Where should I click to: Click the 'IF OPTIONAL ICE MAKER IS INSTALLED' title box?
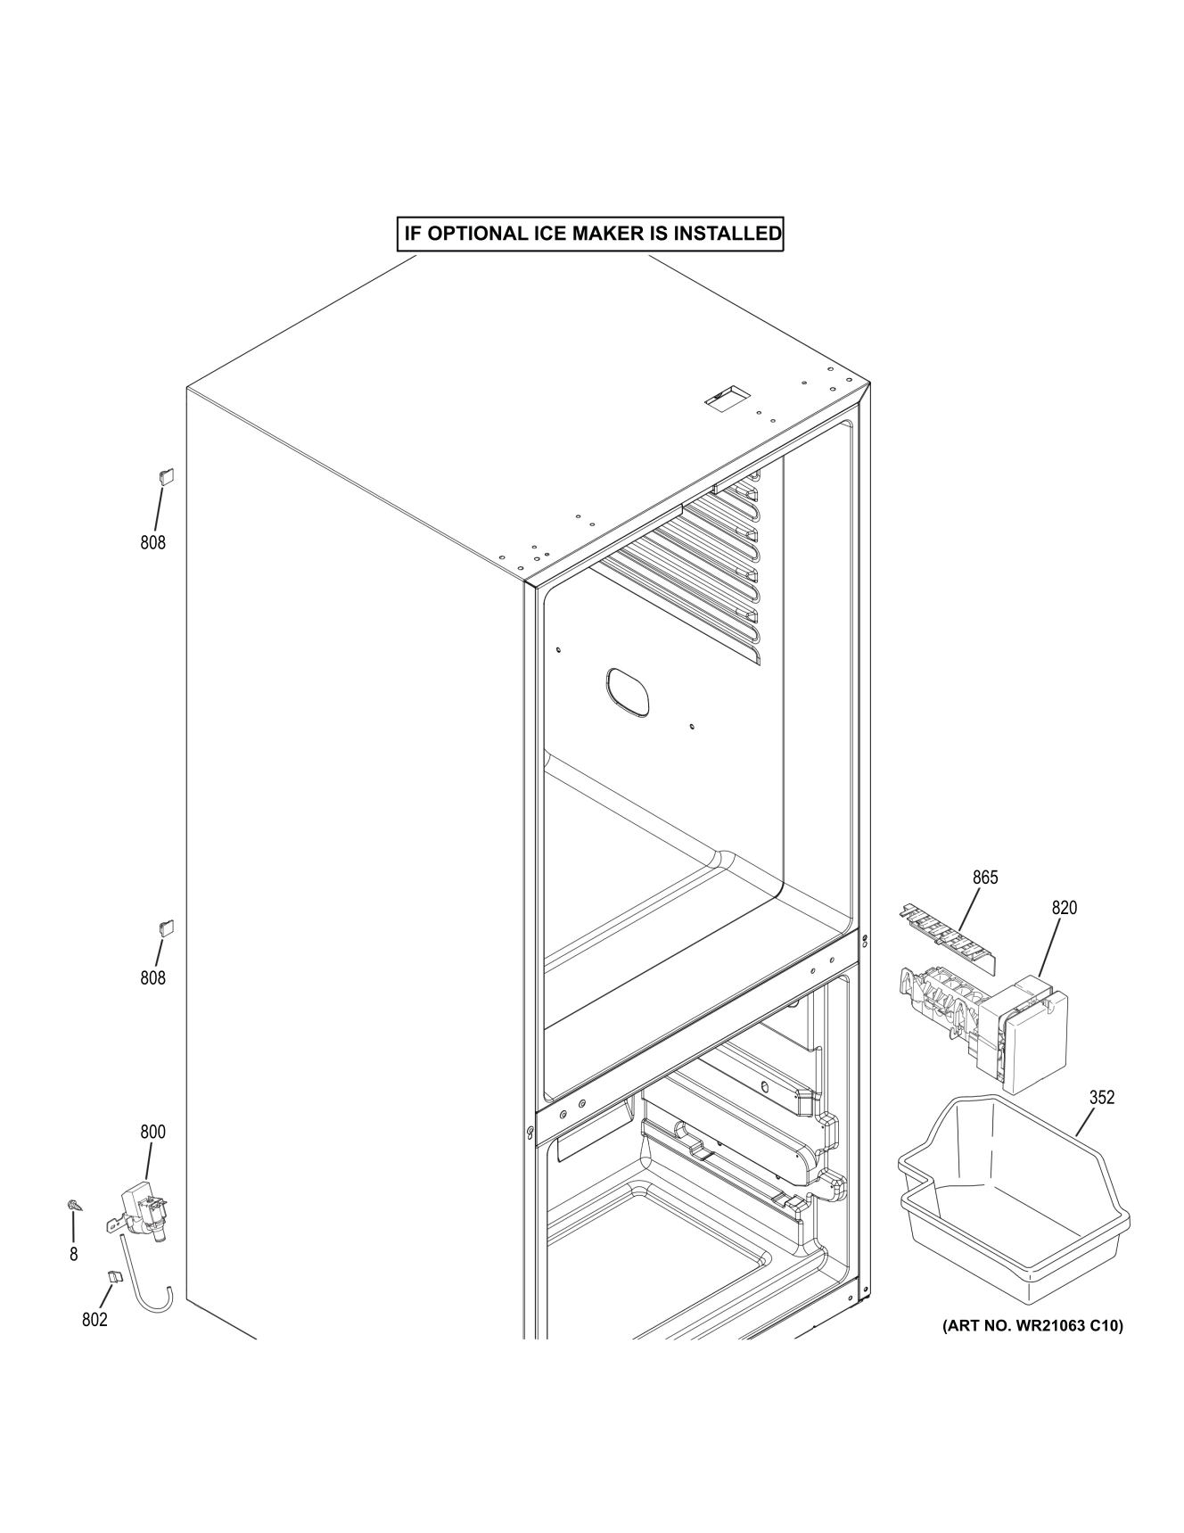point(590,235)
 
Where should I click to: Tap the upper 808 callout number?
point(152,542)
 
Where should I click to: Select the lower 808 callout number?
point(152,978)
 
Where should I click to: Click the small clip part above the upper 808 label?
point(165,475)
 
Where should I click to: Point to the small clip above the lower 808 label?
point(166,927)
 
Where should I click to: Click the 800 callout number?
point(152,1133)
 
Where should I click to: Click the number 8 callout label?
point(73,1255)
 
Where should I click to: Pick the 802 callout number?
point(95,1320)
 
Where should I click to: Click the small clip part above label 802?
point(114,1277)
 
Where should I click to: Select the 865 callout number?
point(985,878)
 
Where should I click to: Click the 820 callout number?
point(1064,908)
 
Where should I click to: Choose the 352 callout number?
point(1102,1098)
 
